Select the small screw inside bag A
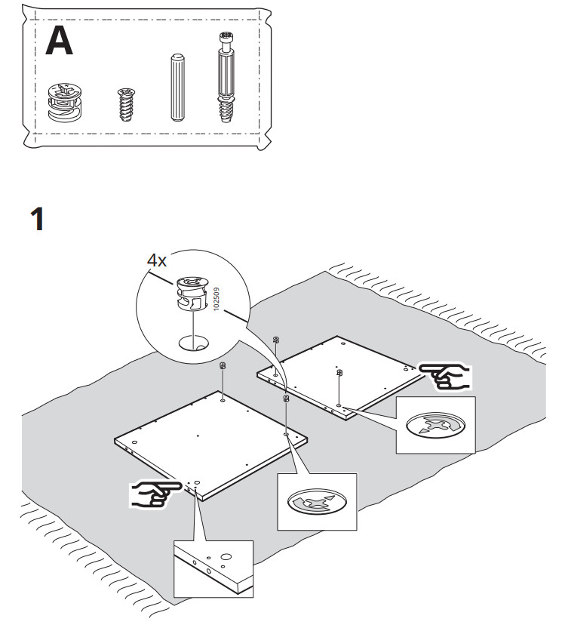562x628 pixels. pos(125,103)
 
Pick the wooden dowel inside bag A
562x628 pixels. pos(177,87)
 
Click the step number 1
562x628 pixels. pos(37,220)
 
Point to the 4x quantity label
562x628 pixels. pos(157,260)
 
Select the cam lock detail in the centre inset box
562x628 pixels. pos(316,502)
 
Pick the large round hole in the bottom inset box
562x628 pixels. pos(225,559)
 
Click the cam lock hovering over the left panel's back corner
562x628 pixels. pos(223,366)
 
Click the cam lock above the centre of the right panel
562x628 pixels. pos(339,373)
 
